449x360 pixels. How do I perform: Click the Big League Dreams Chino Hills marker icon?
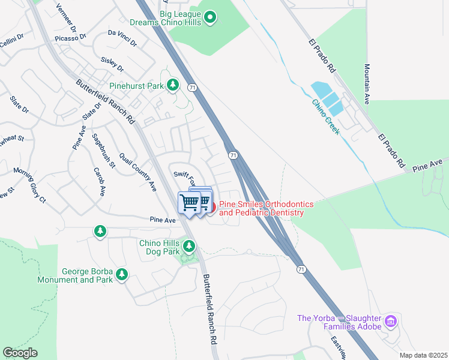tap(209, 18)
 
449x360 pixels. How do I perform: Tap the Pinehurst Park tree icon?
tap(173, 85)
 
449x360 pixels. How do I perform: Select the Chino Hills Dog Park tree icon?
tap(189, 246)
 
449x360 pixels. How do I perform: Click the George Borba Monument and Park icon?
tap(122, 274)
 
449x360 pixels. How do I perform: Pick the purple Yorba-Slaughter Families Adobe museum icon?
tap(391, 322)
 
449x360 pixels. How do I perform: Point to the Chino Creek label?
tap(325, 116)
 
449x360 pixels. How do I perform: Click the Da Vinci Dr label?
tap(122, 38)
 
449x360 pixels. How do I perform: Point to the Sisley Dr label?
tap(112, 64)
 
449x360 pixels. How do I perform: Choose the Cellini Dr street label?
tap(10, 37)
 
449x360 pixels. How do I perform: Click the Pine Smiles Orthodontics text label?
tap(261, 208)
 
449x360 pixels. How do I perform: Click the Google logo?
tap(20, 353)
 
